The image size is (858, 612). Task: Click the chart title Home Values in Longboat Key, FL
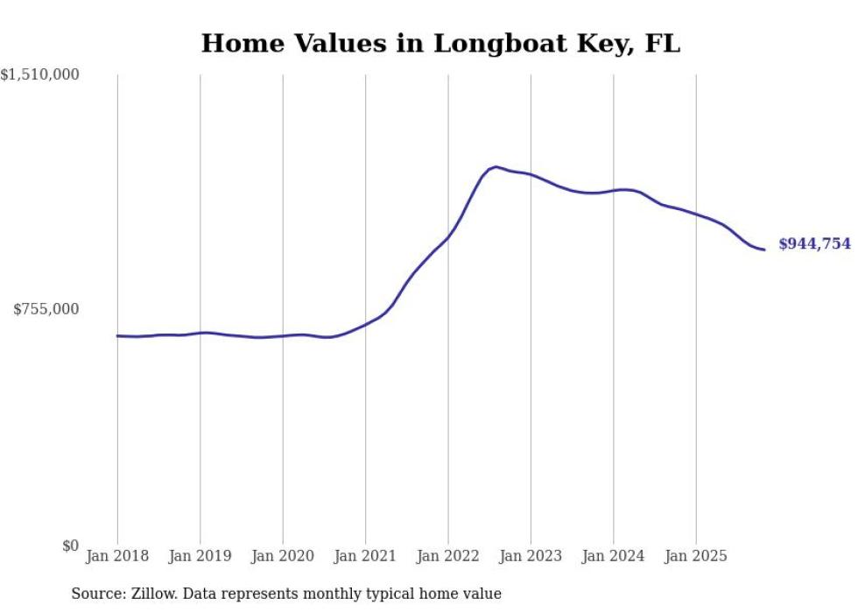[x=440, y=43]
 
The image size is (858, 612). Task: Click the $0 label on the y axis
[x=70, y=545]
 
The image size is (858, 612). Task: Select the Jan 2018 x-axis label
[x=117, y=556]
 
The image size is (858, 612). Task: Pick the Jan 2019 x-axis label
[x=200, y=556]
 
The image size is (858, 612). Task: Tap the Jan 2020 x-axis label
[x=283, y=556]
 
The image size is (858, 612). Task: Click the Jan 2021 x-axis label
[x=365, y=556]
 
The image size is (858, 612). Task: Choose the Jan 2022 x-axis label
[x=448, y=556]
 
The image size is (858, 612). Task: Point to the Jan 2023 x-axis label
[x=531, y=556]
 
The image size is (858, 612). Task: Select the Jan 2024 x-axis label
[x=613, y=556]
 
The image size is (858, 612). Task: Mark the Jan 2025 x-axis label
[x=696, y=556]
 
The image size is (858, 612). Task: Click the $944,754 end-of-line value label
[x=814, y=244]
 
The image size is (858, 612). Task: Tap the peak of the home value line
[x=496, y=166]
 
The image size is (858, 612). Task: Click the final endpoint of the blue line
[x=764, y=250]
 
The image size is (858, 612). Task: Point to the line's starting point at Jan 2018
[x=117, y=335]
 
